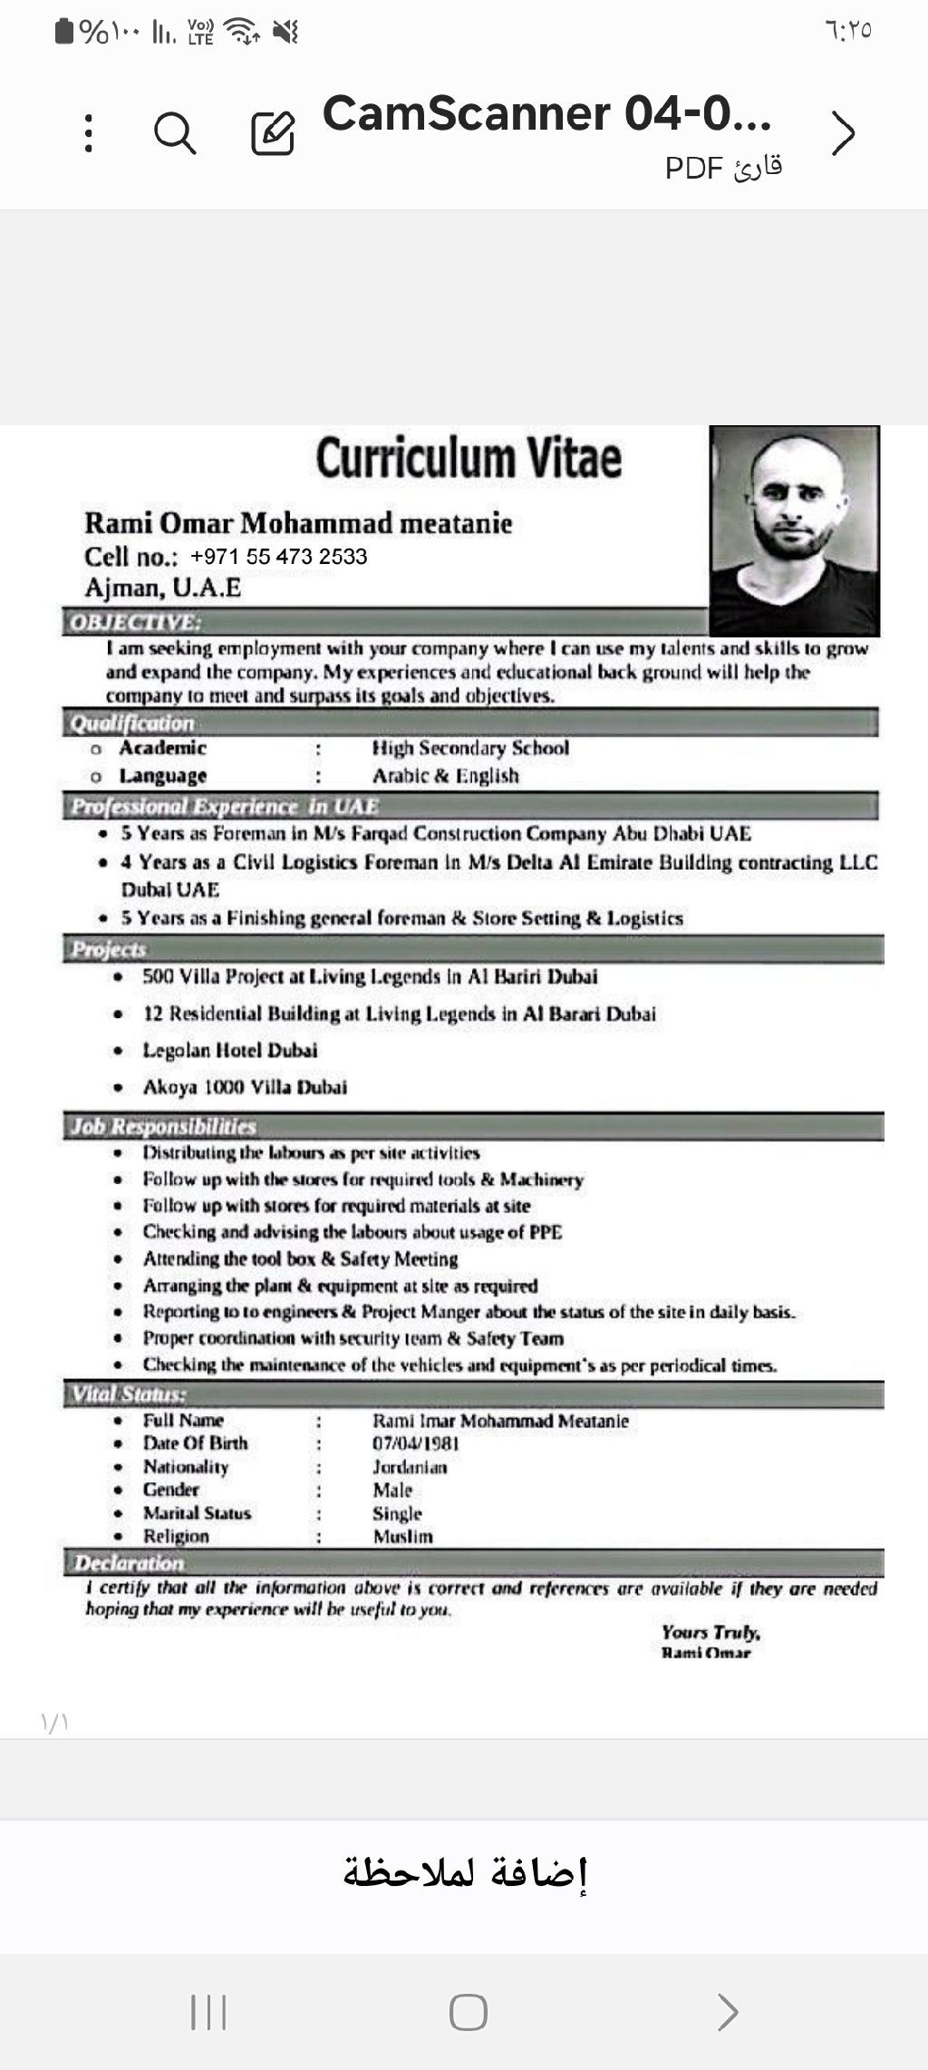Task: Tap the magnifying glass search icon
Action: click(x=175, y=133)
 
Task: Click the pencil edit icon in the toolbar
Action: click(x=273, y=133)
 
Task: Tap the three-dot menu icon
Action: click(x=88, y=133)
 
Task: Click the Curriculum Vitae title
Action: click(x=469, y=458)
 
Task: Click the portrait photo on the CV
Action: click(x=794, y=530)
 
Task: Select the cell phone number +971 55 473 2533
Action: click(x=278, y=557)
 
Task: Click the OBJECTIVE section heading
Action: click(x=136, y=622)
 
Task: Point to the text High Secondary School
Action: click(x=470, y=748)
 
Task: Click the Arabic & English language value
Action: click(x=446, y=776)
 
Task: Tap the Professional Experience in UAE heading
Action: click(x=225, y=806)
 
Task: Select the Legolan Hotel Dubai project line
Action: click(x=230, y=1050)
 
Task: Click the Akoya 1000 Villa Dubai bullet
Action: click(x=245, y=1087)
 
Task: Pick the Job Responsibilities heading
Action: click(x=164, y=1126)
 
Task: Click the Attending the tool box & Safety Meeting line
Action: click(x=300, y=1259)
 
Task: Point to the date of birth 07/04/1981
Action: click(x=416, y=1443)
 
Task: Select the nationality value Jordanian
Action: click(x=410, y=1467)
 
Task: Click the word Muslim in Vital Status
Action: click(x=403, y=1537)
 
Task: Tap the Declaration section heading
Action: click(x=130, y=1563)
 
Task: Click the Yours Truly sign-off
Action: click(x=710, y=1633)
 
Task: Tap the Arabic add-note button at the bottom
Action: click(x=465, y=1872)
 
